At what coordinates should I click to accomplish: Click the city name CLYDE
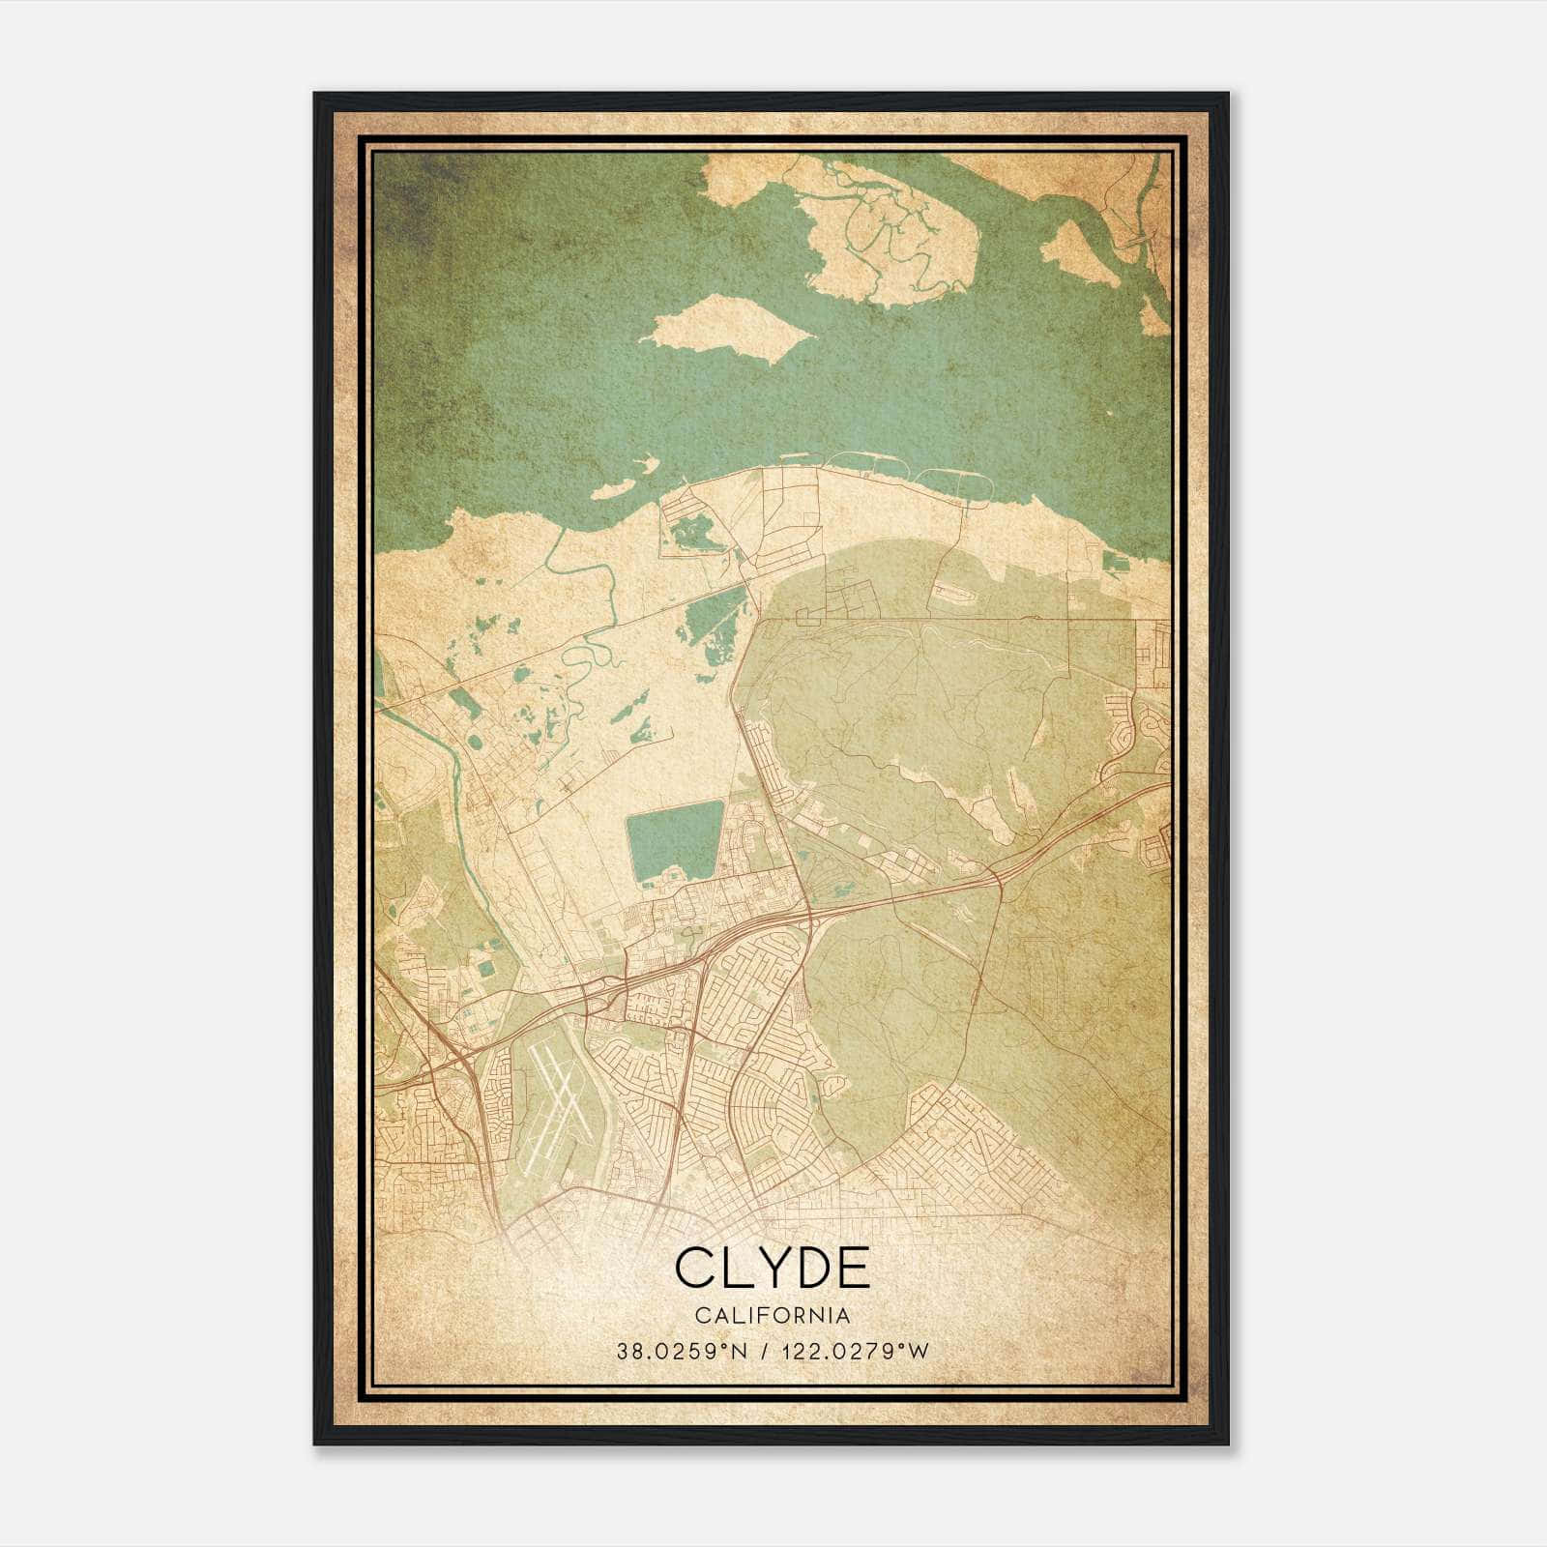(x=773, y=1268)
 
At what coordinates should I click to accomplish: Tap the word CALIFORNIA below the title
(x=773, y=1316)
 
